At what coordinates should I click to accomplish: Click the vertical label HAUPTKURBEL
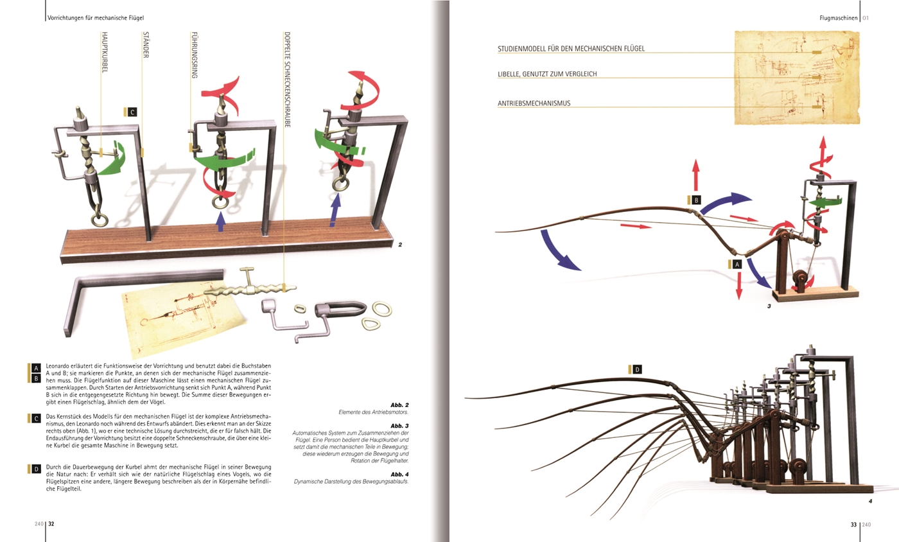tap(105, 52)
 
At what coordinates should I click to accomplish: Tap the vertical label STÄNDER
tap(146, 45)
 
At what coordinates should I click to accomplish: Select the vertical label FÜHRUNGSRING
tap(194, 55)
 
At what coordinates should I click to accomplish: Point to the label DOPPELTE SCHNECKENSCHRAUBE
tap(287, 80)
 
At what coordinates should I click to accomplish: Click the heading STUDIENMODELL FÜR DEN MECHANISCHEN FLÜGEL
tap(571, 49)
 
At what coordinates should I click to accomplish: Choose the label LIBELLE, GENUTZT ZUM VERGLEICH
tap(547, 74)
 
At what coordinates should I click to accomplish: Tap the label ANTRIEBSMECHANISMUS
tap(534, 103)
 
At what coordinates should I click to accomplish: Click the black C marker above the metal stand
tap(132, 112)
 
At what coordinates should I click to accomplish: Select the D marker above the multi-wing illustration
tap(637, 369)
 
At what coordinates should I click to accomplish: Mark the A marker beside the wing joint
tap(737, 264)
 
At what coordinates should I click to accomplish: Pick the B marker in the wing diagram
tap(696, 200)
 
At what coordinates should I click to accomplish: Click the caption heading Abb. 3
tap(399, 426)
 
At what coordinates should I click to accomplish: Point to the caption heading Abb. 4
tap(399, 474)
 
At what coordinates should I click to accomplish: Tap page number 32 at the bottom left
tap(51, 524)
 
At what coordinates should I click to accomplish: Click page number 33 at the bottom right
tap(853, 524)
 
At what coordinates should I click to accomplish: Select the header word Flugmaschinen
tap(839, 18)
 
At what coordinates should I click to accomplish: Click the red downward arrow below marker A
tap(738, 286)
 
